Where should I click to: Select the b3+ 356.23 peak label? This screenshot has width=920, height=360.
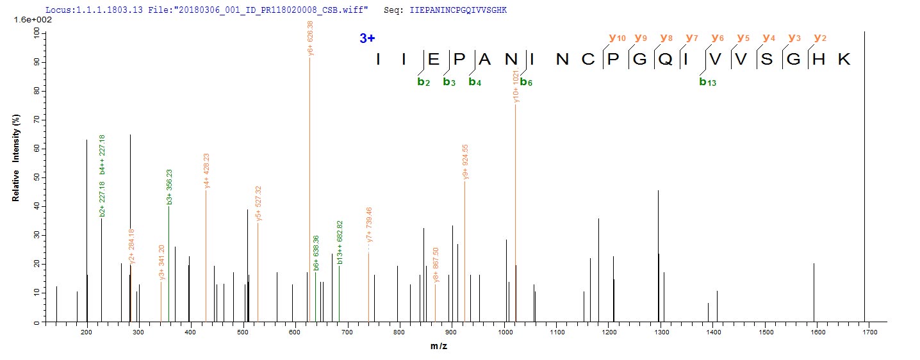pos(169,186)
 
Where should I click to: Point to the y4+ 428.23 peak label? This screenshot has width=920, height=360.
pos(206,170)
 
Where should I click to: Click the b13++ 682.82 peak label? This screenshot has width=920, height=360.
pos(340,242)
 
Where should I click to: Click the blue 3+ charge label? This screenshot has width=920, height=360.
pos(367,38)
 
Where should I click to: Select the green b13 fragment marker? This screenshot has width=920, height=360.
pos(707,82)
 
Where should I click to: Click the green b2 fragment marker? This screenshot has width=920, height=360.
pos(423,82)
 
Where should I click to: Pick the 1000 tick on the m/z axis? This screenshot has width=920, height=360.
pos(504,332)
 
